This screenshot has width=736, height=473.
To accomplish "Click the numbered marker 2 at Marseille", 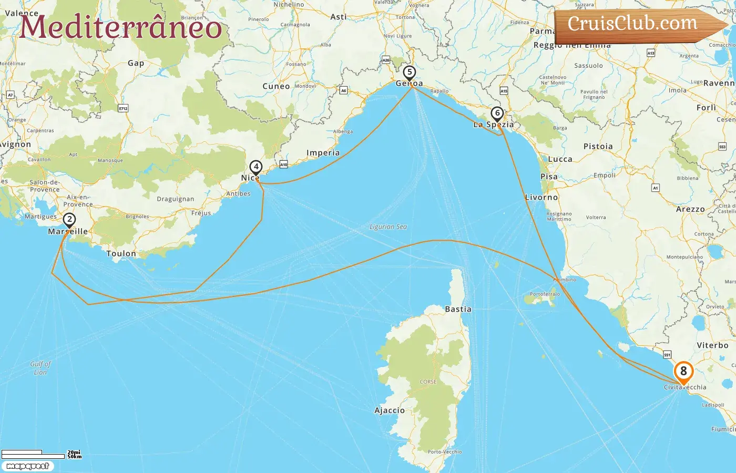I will [x=69, y=220].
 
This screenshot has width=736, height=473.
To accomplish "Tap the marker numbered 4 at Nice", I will [x=255, y=167].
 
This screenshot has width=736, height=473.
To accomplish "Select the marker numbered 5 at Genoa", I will [x=410, y=73].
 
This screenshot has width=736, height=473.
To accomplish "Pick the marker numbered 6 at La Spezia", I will [x=497, y=113].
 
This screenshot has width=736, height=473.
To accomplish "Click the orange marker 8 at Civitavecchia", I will [x=683, y=371].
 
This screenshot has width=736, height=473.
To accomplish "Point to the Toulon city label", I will [x=121, y=253].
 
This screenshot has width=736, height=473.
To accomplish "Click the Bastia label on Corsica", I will [x=458, y=309].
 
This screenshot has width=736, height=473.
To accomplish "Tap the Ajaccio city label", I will [x=390, y=410].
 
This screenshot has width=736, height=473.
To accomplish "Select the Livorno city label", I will [x=541, y=197].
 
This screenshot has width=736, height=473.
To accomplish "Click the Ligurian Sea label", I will [x=388, y=227].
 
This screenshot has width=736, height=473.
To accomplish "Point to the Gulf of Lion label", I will [x=40, y=368].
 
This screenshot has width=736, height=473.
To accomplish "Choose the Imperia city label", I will [x=323, y=153].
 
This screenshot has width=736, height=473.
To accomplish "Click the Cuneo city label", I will [x=276, y=86].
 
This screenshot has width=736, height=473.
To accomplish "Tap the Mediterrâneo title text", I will [x=121, y=27].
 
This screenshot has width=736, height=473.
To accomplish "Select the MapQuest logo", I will [x=27, y=466].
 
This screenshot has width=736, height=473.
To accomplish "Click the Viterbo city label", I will [x=712, y=345].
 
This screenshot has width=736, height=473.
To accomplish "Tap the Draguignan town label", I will [x=175, y=199].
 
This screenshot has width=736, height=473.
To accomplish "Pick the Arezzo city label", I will [x=690, y=209].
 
